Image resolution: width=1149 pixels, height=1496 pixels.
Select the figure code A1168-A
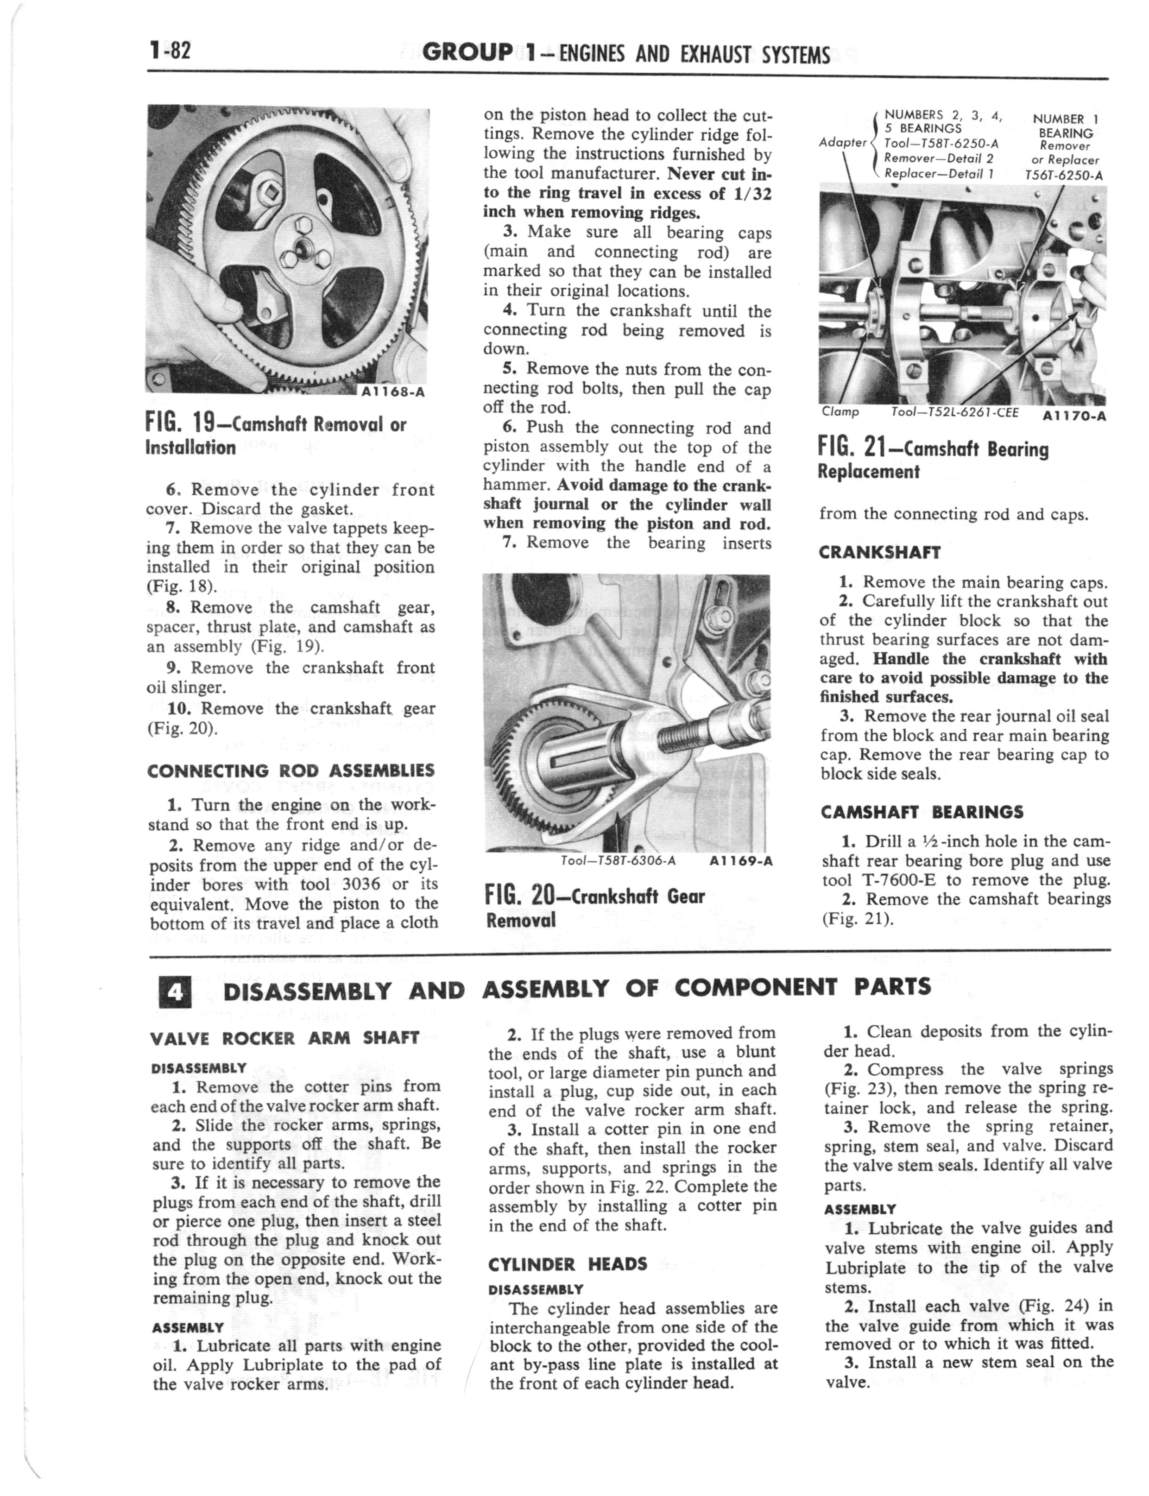click(x=395, y=392)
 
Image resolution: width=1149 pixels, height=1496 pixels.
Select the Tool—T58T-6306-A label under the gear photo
click(x=618, y=861)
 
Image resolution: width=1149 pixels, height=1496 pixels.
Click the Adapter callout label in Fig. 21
click(x=843, y=142)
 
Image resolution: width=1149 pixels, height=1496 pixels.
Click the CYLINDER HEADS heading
click(x=568, y=1263)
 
